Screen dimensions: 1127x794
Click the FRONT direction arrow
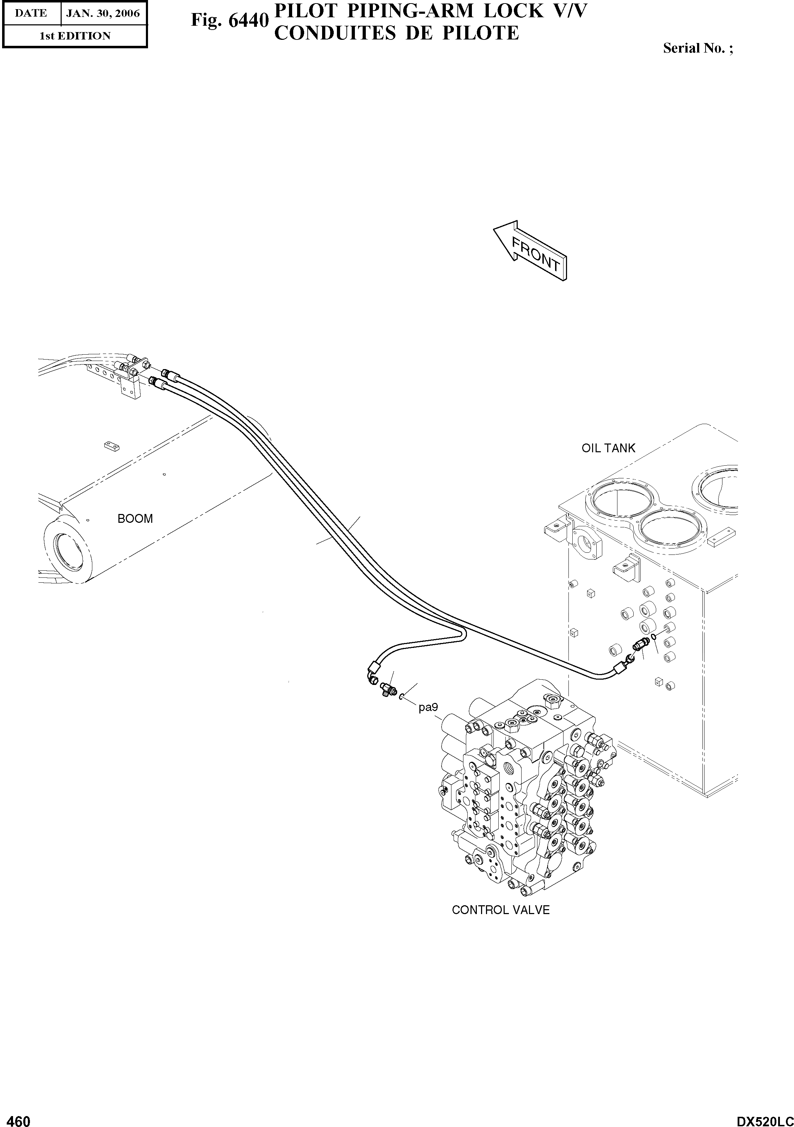(x=530, y=250)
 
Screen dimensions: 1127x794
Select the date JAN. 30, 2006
(x=103, y=13)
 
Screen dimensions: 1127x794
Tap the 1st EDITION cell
(x=75, y=36)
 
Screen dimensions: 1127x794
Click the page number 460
(x=16, y=1118)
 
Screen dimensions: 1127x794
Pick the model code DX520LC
(x=764, y=1118)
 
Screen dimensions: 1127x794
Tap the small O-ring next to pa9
(x=401, y=697)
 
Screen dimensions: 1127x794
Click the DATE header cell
(x=31, y=13)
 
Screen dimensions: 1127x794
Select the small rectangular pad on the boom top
(x=111, y=445)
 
